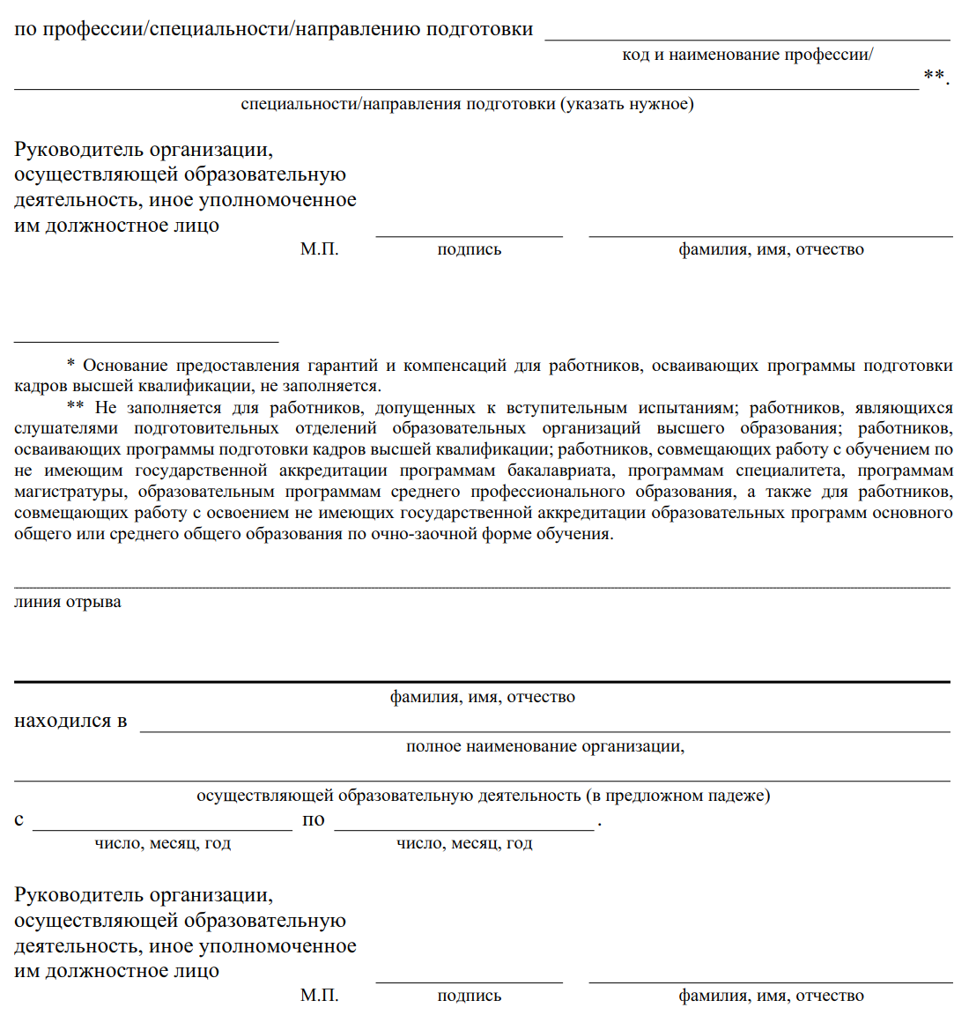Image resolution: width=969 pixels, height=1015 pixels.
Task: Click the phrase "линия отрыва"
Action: click(x=68, y=603)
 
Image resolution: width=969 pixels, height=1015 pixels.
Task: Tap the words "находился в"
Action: click(x=70, y=722)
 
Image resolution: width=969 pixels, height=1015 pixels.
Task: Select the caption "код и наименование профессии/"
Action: click(x=747, y=55)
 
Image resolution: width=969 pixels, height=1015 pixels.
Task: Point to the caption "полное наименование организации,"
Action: click(x=545, y=746)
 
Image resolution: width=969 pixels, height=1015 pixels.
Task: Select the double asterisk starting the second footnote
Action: click(x=75, y=408)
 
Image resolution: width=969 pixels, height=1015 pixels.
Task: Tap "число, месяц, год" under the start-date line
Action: click(x=163, y=843)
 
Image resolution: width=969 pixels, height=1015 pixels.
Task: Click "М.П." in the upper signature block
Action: click(x=319, y=249)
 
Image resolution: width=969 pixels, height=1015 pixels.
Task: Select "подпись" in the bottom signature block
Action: click(x=469, y=996)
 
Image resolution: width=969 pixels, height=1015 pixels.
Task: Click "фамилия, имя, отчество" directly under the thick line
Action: click(x=483, y=697)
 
